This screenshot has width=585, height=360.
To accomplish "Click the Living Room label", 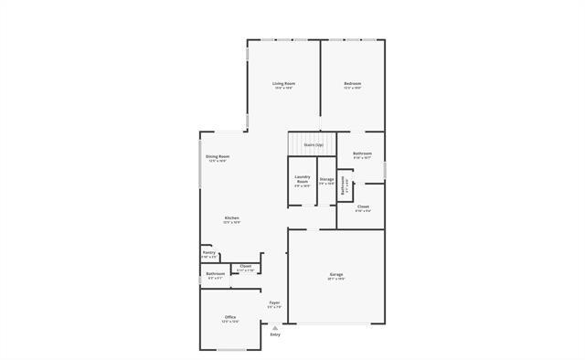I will click(x=283, y=83).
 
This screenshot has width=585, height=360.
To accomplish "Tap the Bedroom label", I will click(x=353, y=83).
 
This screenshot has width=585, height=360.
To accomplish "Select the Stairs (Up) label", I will click(x=313, y=144).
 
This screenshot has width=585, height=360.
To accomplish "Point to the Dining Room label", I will click(x=217, y=156).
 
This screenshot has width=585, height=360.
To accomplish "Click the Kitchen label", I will click(x=232, y=217).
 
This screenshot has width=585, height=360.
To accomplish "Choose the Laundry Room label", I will click(x=303, y=180).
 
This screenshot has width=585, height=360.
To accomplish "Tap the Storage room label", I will click(x=326, y=179).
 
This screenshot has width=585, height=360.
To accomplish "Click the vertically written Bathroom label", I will click(x=343, y=186).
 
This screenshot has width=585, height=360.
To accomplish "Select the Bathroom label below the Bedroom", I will click(x=362, y=153).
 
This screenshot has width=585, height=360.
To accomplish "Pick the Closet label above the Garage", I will click(x=363, y=206).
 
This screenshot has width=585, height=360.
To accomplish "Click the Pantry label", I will click(x=209, y=252).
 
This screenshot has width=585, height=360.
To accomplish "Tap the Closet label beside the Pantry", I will click(x=245, y=266).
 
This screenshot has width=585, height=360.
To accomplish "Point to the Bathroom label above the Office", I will click(x=215, y=273).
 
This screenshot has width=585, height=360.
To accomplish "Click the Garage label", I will click(x=336, y=274).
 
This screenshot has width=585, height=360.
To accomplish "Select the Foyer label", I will click(x=274, y=302).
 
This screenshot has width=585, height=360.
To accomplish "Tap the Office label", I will click(x=229, y=317).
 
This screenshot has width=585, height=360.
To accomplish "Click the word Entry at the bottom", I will click(x=275, y=334).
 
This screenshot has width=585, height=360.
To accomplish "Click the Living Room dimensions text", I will click(x=283, y=88).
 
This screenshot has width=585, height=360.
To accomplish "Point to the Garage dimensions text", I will click(x=336, y=279).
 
